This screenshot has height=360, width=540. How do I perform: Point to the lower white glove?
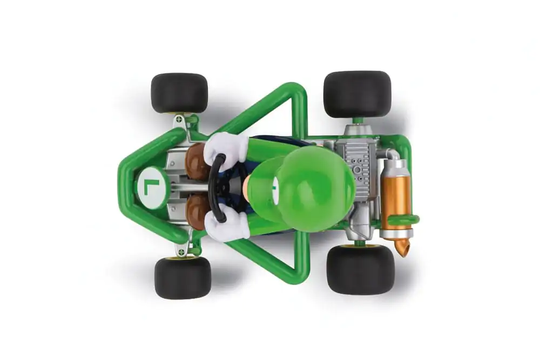click(x=228, y=225)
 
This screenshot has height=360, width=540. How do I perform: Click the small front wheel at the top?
click(x=179, y=93)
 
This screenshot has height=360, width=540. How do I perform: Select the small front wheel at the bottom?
click(x=183, y=277)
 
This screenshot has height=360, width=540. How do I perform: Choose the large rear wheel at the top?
click(x=357, y=94)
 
